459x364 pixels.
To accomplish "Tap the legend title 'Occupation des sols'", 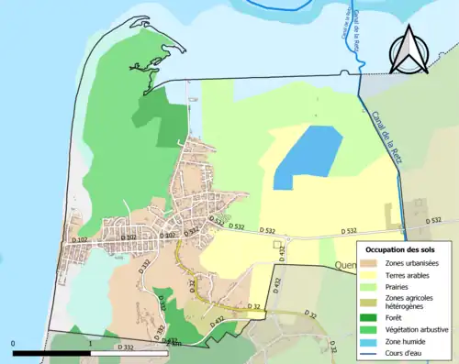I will tap(402, 249).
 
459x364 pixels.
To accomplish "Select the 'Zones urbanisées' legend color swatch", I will tap(372, 263).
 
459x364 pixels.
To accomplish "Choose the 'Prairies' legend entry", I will tap(402, 286).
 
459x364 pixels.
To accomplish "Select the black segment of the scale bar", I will tap(51, 352).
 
